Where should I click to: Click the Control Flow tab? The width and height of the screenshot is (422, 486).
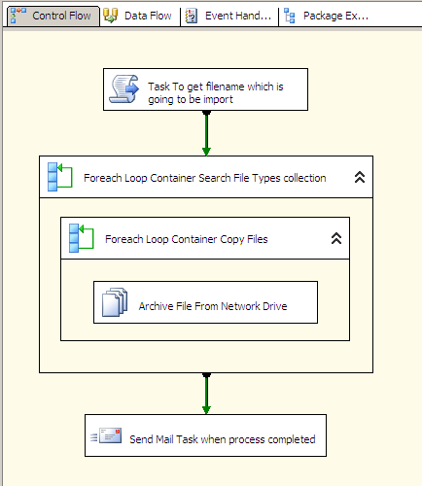pyautogui.click(x=53, y=16)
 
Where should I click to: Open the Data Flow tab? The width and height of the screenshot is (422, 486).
pyautogui.click(x=140, y=16)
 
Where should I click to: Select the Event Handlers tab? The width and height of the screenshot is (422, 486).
pyautogui.click(x=229, y=16)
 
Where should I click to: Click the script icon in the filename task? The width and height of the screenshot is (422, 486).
pyautogui.click(x=123, y=89)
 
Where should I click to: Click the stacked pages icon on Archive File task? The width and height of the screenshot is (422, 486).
pyautogui.click(x=115, y=302)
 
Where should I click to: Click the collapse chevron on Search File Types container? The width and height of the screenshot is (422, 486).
pyautogui.click(x=360, y=177)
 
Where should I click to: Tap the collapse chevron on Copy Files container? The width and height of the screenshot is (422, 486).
pyautogui.click(x=336, y=238)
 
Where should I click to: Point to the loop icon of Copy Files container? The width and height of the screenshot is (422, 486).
pyautogui.click(x=81, y=238)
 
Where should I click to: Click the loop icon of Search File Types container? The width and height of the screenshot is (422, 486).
pyautogui.click(x=60, y=177)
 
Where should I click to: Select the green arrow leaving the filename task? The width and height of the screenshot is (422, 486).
pyautogui.click(x=206, y=133)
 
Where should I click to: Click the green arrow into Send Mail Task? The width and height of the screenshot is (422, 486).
pyautogui.click(x=206, y=394)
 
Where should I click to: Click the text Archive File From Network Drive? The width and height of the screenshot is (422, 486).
pyautogui.click(x=213, y=306)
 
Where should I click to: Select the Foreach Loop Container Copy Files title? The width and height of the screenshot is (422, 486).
pyautogui.click(x=187, y=239)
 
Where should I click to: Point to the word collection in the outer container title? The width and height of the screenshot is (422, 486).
pyautogui.click(x=304, y=178)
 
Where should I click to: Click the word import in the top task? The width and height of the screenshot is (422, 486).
pyautogui.click(x=218, y=99)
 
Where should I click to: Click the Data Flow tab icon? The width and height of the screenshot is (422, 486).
pyautogui.click(x=110, y=16)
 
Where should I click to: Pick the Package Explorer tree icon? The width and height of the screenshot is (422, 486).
pyautogui.click(x=290, y=16)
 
